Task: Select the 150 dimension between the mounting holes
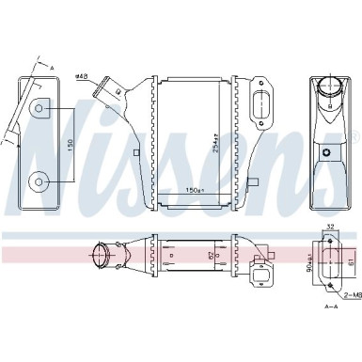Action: coord(72,145)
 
